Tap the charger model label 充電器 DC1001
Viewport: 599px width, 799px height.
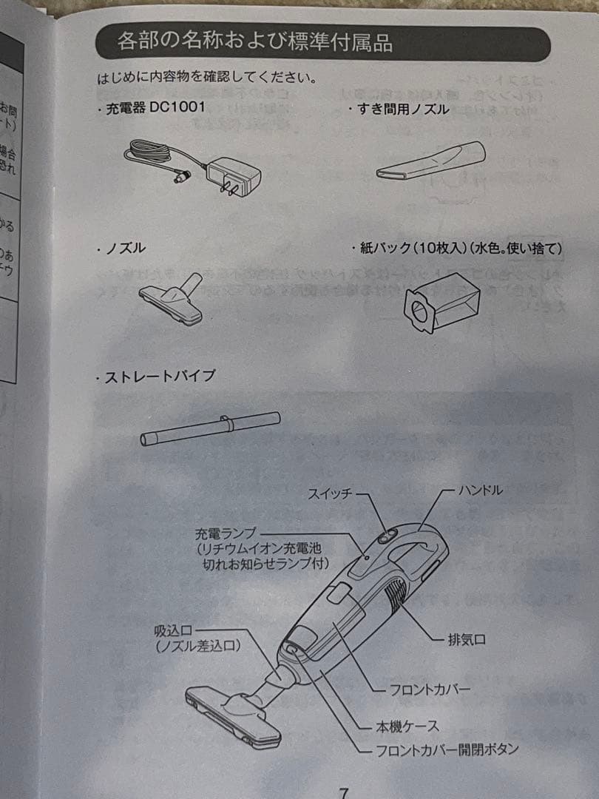click(x=154, y=108)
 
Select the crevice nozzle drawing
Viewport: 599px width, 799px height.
click(x=430, y=160)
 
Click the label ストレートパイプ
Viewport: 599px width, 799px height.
click(x=159, y=377)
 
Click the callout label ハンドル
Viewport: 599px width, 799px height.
click(x=481, y=490)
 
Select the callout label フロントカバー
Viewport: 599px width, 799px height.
click(x=430, y=689)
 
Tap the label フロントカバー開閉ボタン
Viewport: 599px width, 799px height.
click(x=447, y=749)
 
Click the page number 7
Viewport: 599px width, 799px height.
click(x=343, y=792)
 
